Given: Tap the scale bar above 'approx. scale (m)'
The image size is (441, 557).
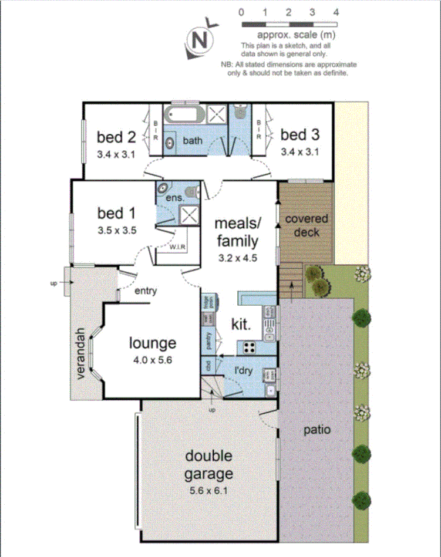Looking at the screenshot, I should tap(289, 25).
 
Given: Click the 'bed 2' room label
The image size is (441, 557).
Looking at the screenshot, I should tap(116, 137).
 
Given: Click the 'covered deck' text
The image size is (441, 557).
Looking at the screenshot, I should tap(307, 225).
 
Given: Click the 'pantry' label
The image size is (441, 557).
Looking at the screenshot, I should tap(208, 340).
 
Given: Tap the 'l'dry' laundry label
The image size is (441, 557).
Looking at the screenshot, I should tap(244, 371).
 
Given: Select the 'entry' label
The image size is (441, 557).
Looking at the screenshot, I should tap(146, 291).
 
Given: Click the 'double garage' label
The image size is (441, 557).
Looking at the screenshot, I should tap(209, 465).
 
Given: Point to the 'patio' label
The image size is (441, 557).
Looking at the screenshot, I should tap(317, 430).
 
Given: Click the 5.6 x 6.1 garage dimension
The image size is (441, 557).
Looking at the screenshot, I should tap(209, 489).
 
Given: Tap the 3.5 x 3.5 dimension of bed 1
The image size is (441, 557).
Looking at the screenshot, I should tap(117, 231).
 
